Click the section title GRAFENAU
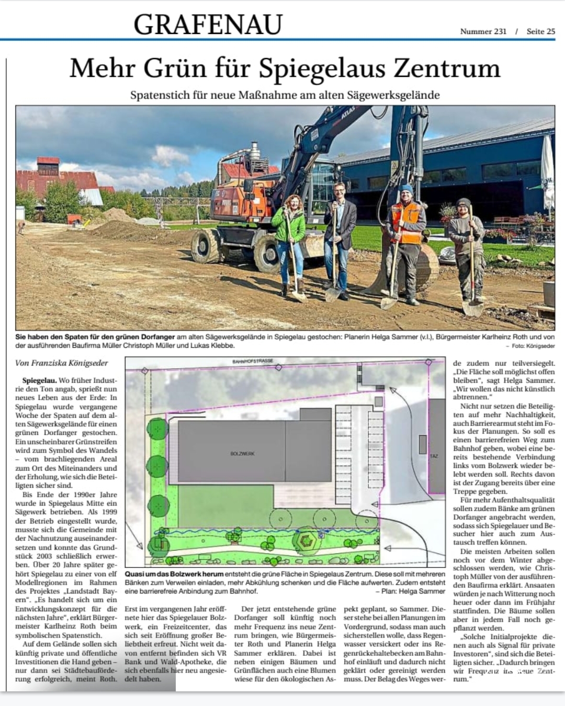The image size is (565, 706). coord(208,25)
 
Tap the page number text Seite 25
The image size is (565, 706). coord(540,31)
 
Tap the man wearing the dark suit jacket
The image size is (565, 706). coord(340,230)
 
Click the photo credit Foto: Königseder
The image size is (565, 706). coord(533,346)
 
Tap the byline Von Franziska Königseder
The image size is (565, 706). coord(62,362)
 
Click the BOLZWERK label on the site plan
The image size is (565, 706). coord(242,453)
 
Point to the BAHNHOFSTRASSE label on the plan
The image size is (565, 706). coord(253,361)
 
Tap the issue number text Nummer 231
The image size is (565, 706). coord(483,31)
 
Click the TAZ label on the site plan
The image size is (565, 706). coord(434,457)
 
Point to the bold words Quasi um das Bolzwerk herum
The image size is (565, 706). coord(174,574)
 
